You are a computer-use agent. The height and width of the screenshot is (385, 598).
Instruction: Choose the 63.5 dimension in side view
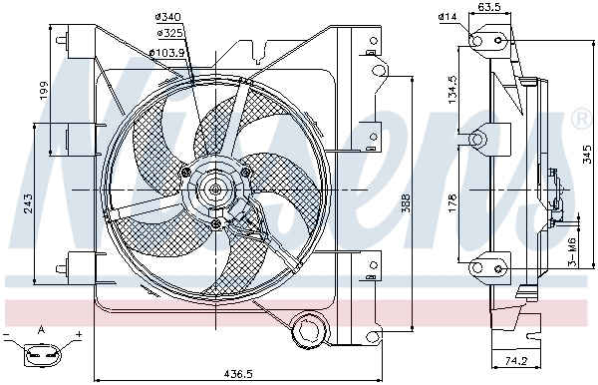point(488,8)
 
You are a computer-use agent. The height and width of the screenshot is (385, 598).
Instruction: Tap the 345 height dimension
point(587,155)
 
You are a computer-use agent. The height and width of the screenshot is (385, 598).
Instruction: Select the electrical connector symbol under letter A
point(42,351)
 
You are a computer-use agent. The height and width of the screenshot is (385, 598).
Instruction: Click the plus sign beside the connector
point(77,332)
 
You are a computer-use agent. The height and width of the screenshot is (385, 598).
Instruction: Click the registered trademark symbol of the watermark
point(580,121)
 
